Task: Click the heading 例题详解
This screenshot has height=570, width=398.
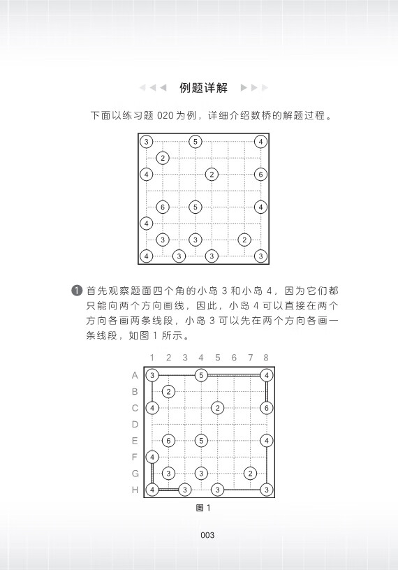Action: tap(203, 87)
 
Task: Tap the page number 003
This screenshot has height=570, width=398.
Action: tap(207, 535)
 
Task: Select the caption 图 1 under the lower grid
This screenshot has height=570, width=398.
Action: tap(203, 508)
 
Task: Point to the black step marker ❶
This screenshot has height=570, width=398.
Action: tap(77, 291)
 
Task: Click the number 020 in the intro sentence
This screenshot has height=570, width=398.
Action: tap(165, 115)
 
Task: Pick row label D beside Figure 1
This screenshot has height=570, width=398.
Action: tap(135, 424)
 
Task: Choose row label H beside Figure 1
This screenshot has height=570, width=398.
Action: tap(135, 490)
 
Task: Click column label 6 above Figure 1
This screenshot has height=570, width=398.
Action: tap(234, 358)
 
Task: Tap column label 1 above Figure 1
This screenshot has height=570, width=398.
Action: tap(152, 358)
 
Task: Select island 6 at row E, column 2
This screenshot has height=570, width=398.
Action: tap(168, 441)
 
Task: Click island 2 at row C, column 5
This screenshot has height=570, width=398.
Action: tap(217, 408)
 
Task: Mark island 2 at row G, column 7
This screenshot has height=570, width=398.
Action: tap(250, 474)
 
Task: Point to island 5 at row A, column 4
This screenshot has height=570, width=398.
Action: tap(201, 375)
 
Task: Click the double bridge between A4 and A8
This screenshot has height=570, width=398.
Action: tap(234, 375)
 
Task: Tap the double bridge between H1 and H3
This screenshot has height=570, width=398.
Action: tap(168, 490)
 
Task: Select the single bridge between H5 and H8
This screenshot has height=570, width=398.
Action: tap(242, 490)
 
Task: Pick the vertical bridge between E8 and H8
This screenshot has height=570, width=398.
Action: tap(267, 465)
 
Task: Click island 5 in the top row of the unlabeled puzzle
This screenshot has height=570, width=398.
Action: tap(196, 141)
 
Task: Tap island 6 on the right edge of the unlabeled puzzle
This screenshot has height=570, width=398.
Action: tap(260, 174)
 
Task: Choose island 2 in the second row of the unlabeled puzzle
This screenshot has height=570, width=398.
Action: tap(163, 158)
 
